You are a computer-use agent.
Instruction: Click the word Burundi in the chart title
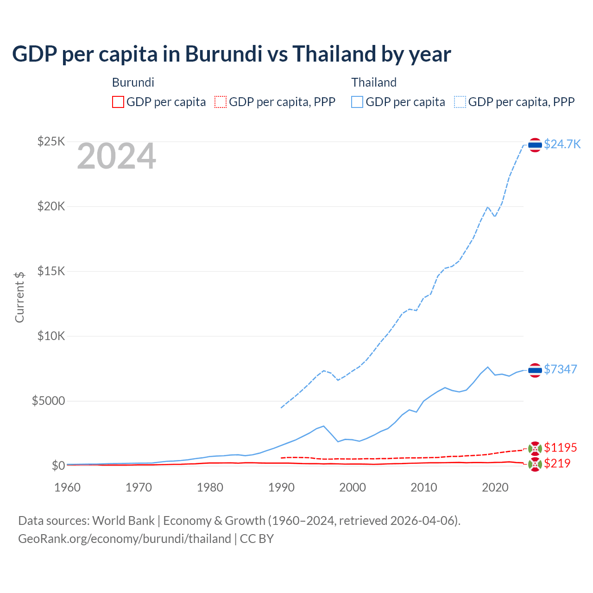(x=221, y=54)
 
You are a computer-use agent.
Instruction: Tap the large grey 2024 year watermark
(x=116, y=157)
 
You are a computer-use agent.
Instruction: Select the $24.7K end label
(x=562, y=144)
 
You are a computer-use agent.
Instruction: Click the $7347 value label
(x=560, y=369)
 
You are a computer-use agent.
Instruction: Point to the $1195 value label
(x=560, y=448)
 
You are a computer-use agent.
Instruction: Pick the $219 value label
(x=557, y=463)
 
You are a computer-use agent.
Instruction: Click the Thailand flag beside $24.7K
(x=535, y=145)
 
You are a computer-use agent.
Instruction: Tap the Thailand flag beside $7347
(x=535, y=370)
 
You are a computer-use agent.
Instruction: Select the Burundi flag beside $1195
(x=535, y=448)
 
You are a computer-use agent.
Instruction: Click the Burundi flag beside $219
(x=535, y=464)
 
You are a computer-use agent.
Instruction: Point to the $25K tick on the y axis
(x=51, y=142)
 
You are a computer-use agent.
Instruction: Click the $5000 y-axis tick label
(x=48, y=401)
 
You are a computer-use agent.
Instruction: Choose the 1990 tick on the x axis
(x=281, y=487)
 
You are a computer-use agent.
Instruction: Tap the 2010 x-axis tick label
(x=424, y=487)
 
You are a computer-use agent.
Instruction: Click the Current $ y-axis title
(x=19, y=297)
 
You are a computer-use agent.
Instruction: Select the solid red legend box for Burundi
(x=118, y=102)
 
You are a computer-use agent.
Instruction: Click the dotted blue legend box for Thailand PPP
(x=460, y=102)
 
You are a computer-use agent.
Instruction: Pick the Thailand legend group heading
(x=374, y=82)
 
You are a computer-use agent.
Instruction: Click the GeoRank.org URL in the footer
(x=125, y=539)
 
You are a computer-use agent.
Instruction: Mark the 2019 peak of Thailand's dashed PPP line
(x=487, y=207)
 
